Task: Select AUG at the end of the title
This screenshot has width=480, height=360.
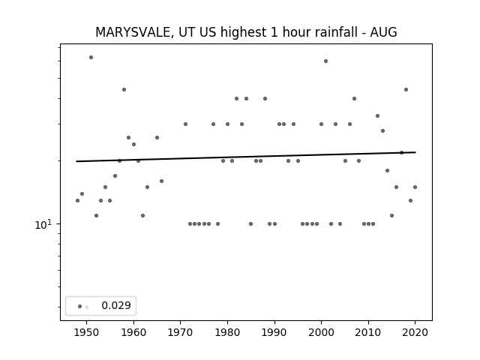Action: tap(383, 32)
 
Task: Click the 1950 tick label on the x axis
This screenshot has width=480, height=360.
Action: tap(87, 332)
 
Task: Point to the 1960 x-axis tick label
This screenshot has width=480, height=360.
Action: tap(133, 332)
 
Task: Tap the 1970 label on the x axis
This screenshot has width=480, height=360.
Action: tap(181, 332)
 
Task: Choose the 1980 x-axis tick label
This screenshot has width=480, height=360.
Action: tap(227, 332)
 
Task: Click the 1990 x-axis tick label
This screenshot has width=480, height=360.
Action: tap(274, 332)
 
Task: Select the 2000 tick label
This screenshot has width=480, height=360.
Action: tap(322, 332)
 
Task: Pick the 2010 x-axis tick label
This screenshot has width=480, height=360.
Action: tap(368, 332)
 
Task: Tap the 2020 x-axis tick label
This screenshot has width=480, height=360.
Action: tap(415, 332)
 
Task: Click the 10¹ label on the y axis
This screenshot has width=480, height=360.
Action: tap(43, 224)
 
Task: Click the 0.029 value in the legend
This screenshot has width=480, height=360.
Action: tap(116, 305)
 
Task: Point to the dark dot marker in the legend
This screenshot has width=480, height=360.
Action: tap(79, 307)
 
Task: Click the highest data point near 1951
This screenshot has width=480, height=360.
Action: tap(91, 57)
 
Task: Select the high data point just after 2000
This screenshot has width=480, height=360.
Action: tap(325, 61)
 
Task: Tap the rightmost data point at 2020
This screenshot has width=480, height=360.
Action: tap(415, 187)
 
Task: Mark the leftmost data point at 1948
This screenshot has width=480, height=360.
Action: tap(77, 200)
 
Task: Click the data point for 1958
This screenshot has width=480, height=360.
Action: tap(124, 89)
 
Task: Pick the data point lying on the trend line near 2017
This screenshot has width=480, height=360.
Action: tap(402, 152)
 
